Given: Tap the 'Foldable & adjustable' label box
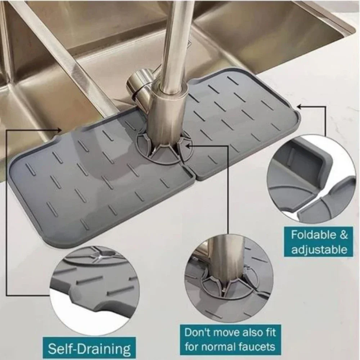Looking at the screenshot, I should (319, 242).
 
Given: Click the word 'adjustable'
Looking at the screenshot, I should (319, 249).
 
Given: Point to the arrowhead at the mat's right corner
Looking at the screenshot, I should (299, 107).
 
